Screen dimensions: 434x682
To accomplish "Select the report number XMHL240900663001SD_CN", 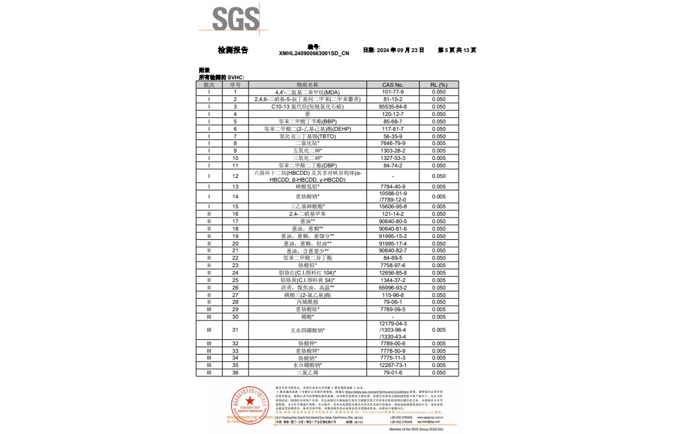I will (314, 53).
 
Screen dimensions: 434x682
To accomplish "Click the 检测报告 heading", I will (233, 50).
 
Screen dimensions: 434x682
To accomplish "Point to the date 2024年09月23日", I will (394, 50).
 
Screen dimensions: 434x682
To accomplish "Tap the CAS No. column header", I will (392, 84).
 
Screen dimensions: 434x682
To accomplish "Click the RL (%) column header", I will (438, 84).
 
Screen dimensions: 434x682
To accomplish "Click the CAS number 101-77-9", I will (392, 92).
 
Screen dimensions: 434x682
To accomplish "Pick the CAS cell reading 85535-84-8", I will (392, 107).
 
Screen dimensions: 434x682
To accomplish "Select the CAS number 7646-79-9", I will (392, 143).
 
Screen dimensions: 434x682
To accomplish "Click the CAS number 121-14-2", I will (392, 213).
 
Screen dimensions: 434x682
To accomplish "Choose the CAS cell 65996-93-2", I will (392, 288).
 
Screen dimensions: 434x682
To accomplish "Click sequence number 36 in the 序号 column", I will (235, 373).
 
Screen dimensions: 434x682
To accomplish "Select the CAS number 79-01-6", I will (392, 373).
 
